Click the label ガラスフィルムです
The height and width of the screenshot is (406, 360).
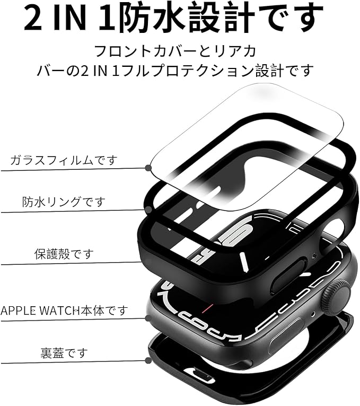pos(63,160)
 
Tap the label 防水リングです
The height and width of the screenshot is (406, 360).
pos(64,202)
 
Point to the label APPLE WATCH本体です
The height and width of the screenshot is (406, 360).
pos(64,310)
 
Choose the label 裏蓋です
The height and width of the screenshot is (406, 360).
pos(64,352)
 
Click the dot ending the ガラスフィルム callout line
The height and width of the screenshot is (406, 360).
pos(148,168)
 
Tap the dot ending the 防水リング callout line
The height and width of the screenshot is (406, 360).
pos(148,210)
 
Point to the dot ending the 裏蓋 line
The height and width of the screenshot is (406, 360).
pos(148,360)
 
